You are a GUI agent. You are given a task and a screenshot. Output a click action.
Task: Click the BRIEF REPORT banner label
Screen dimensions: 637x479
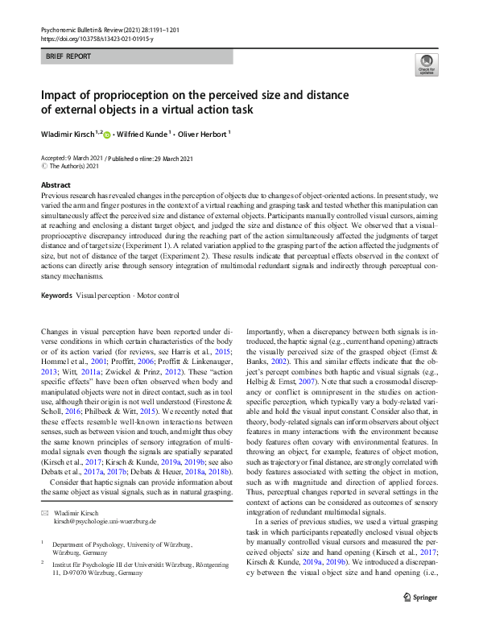(x=68, y=56)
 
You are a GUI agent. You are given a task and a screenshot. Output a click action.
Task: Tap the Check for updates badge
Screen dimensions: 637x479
(x=426, y=64)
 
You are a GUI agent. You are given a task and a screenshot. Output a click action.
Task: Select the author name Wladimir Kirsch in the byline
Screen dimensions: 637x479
(x=68, y=134)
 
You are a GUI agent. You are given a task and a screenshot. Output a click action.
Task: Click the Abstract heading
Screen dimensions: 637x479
(x=56, y=185)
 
